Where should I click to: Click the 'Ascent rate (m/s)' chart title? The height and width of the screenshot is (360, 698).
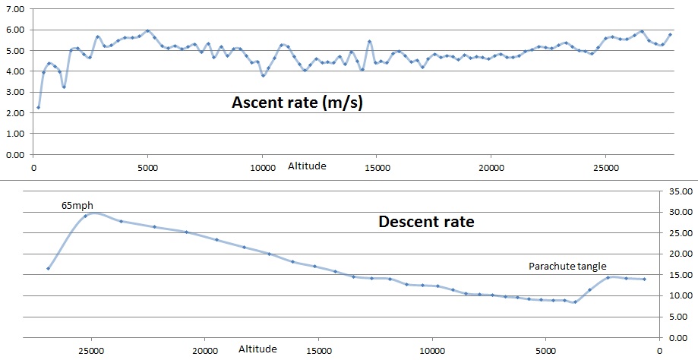coord(297,103)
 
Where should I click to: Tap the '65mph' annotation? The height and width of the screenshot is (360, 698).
coord(76,205)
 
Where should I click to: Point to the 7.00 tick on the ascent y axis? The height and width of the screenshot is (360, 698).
coord(15,8)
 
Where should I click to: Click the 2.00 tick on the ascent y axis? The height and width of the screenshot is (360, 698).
coord(15,112)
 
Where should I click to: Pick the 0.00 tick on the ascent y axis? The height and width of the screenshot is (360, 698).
coord(15,154)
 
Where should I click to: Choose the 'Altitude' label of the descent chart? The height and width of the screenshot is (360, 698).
coord(257,349)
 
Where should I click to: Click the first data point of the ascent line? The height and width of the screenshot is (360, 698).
coord(38,107)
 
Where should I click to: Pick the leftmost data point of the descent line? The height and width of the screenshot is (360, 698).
coord(48,268)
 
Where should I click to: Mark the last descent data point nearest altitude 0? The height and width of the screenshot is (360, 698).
coord(644,279)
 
